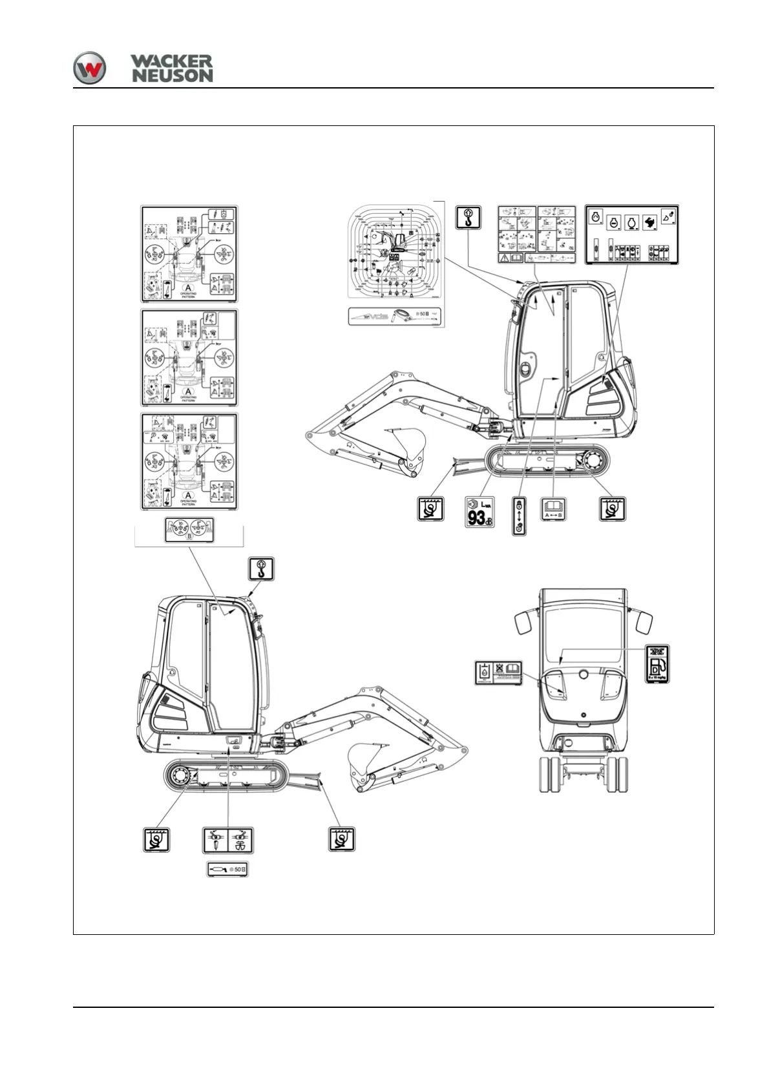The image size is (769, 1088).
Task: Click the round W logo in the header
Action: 89,68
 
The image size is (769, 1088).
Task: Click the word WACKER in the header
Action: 171,61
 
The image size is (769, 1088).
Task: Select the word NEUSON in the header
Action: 173,76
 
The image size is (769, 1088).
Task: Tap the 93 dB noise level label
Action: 479,512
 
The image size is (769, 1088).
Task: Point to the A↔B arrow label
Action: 553,509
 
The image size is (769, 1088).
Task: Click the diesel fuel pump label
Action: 658,664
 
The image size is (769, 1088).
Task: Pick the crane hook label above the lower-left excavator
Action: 261,569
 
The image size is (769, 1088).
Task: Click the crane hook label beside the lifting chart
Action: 468,217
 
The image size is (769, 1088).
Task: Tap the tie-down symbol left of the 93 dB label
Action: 430,509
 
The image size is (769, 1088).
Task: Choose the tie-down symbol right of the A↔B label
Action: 612,509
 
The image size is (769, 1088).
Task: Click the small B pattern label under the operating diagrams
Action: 189,530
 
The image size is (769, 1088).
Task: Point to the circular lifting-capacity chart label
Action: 395,253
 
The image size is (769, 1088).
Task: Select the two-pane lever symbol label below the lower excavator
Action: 228,840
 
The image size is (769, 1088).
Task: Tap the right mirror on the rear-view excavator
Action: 644,622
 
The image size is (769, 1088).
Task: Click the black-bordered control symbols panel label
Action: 631,235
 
